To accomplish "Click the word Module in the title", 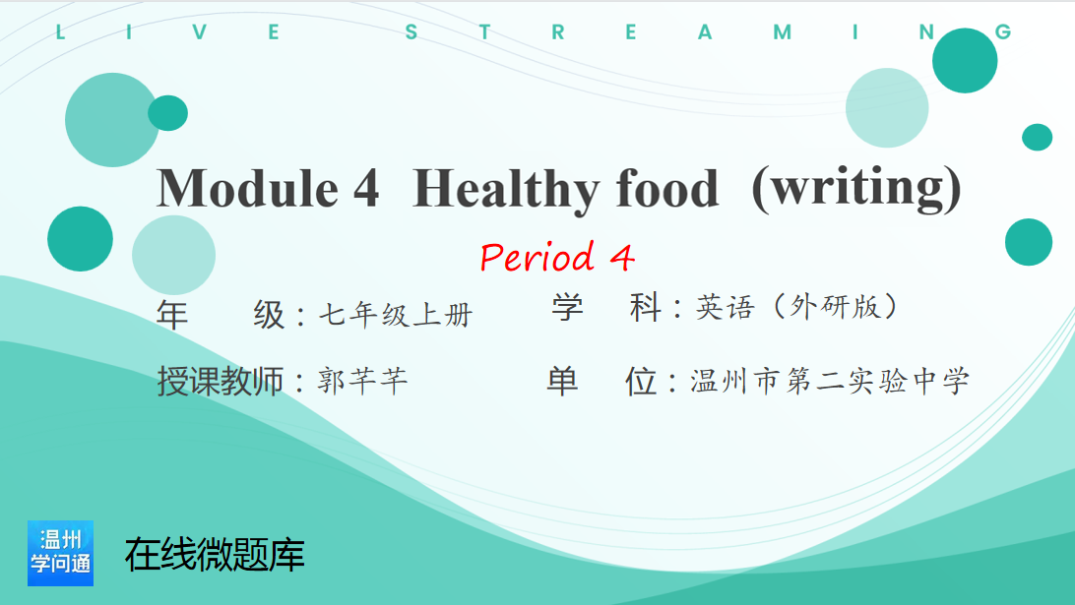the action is [248, 188].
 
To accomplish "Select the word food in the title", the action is [667, 188].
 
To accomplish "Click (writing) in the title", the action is [856, 189].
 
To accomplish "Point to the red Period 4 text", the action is [557, 257].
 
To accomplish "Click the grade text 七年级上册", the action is [396, 315].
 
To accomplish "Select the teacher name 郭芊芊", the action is [362, 381].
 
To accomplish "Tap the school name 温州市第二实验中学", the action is [830, 381].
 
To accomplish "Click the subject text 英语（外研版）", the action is [797, 307].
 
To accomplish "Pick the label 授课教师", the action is [221, 381].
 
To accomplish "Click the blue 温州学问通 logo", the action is [60, 553].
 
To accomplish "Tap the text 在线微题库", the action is [215, 554].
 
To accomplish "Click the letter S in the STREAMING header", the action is [411, 32].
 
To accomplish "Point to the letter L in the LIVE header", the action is [60, 32].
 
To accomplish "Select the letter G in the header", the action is [1003, 32].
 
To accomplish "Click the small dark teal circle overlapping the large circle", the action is [168, 113].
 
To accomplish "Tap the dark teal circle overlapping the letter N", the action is [965, 60].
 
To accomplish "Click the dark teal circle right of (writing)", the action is [1029, 242].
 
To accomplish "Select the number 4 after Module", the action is [367, 188].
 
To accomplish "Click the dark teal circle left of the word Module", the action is [80, 238].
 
